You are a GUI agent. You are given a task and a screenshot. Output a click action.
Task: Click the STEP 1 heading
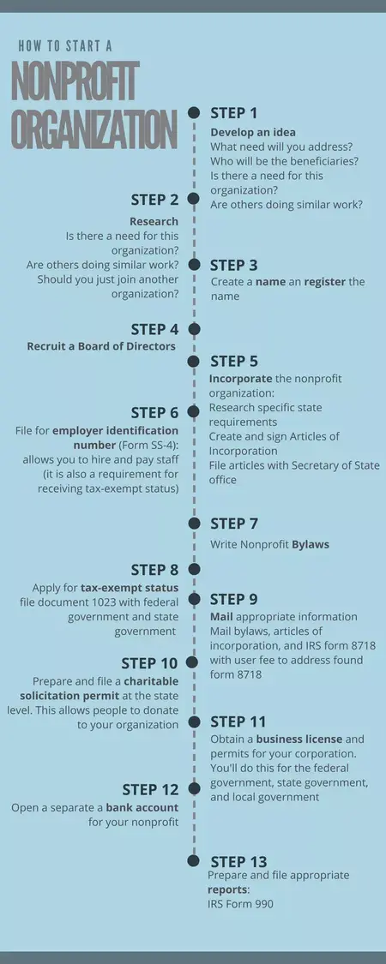233,112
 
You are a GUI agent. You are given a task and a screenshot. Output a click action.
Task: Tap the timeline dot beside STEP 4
195,329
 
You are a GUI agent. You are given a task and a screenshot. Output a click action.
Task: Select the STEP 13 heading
238,861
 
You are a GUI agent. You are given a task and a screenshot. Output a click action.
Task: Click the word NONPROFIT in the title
75,83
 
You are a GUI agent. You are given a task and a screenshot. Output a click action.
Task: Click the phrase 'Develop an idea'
253,132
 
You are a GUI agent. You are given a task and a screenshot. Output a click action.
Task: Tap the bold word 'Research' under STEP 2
154,221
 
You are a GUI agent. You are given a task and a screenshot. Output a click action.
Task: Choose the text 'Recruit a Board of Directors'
101,346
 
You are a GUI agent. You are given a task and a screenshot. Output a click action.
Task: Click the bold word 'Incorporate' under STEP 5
241,378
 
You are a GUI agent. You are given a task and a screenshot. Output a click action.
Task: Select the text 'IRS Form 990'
240,903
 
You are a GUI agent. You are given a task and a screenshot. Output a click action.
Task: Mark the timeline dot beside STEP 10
194,662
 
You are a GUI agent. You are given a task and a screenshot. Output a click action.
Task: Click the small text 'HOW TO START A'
65,46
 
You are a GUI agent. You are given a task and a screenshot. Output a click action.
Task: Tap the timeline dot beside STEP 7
195,524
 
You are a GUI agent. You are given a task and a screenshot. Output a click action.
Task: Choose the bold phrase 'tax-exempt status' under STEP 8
130,588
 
